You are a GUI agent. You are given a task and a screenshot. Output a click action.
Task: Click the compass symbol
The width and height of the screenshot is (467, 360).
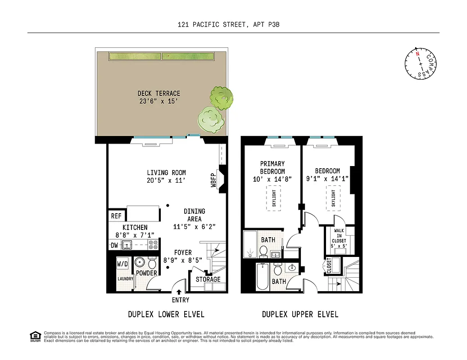pos(421,63)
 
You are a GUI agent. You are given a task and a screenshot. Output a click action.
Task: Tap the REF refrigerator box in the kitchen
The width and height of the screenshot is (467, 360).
pos(116,216)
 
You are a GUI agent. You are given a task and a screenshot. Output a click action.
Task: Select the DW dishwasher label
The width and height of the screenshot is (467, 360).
pos(114,245)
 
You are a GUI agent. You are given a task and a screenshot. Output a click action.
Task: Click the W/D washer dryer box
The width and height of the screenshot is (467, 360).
pos(122,263)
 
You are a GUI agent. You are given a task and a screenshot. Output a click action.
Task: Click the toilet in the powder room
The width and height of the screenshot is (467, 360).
pos(152,263)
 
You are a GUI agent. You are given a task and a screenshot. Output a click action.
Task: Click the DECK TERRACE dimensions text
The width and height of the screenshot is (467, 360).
pos(159,101)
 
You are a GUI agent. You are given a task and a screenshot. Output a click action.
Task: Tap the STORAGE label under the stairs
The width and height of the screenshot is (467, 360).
pos(208,279)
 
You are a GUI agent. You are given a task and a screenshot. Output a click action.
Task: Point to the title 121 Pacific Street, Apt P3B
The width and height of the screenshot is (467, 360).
pos(233,25)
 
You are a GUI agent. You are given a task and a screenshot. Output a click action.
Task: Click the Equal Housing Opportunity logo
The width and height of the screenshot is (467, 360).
pos(35,336)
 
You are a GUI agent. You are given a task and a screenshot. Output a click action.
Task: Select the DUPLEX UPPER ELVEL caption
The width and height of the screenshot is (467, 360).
pos(300,314)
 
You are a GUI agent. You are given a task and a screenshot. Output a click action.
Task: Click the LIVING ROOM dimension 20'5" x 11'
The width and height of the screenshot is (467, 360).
pos(166,180)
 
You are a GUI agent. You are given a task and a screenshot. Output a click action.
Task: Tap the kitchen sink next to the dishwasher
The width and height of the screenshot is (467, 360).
pos(127,245)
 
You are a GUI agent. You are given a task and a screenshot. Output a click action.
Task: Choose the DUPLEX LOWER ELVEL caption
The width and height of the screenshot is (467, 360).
pos(166,314)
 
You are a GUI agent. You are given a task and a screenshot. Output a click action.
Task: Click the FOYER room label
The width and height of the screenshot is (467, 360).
pos(183,252)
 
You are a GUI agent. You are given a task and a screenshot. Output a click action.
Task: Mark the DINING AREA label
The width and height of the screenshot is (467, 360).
pos(195,215)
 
